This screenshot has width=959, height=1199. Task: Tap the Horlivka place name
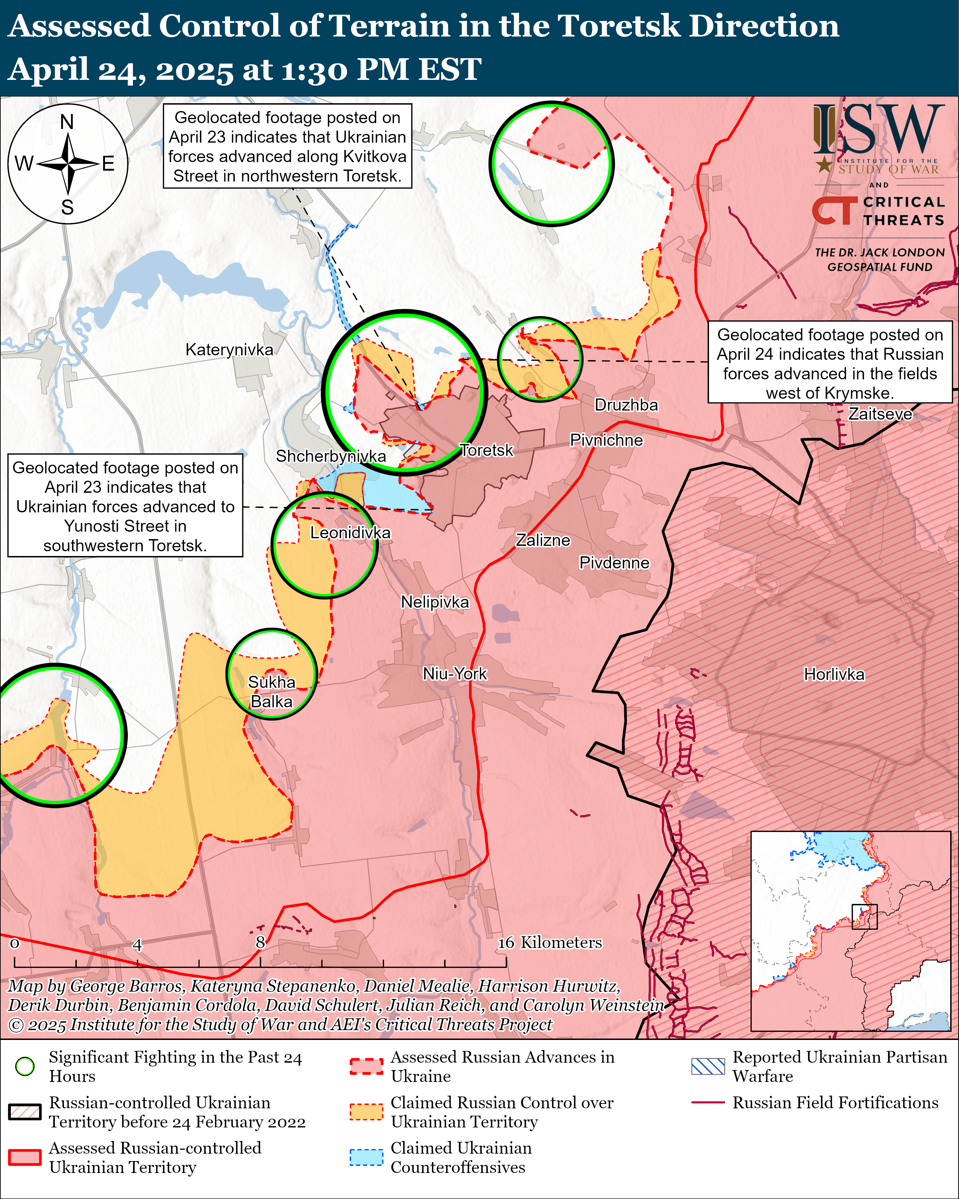point(834,674)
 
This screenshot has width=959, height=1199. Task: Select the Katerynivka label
point(229,350)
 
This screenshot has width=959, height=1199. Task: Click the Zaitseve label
point(880,414)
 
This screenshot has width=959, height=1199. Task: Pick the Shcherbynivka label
point(331,456)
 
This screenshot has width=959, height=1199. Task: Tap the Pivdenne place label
point(614,563)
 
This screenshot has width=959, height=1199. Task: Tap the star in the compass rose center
point(68,164)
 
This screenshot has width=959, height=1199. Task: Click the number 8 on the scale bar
point(260,942)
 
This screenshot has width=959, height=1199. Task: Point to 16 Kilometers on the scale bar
point(549,942)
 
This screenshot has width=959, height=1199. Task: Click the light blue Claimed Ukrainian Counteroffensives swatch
point(366,1157)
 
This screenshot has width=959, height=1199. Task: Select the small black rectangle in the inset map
point(865,916)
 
